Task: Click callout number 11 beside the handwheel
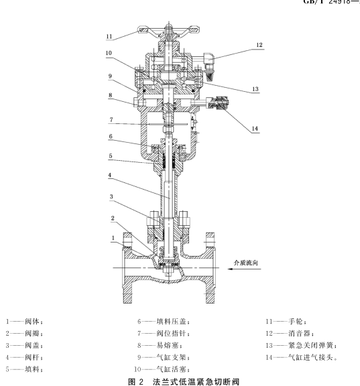coord(109,36)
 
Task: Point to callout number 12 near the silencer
coord(259,45)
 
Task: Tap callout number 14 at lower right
coord(255,128)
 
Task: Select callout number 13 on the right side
coord(255,89)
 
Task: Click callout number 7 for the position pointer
coord(111,120)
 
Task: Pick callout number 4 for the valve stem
coord(110,175)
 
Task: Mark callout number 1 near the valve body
coord(113,238)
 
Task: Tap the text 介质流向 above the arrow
coord(246,263)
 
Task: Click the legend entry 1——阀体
coord(24,321)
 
